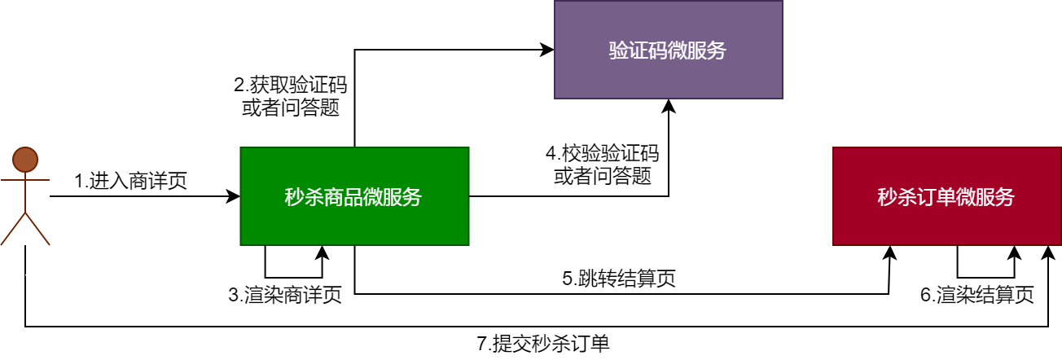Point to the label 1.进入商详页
(131, 181)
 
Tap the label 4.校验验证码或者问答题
(603, 165)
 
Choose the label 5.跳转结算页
(619, 279)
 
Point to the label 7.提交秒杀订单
(543, 344)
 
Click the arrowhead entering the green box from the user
(235, 196)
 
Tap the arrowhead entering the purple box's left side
(548, 50)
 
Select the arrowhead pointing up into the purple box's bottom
(669, 105)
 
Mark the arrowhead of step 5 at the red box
(890, 252)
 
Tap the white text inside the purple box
(668, 50)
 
